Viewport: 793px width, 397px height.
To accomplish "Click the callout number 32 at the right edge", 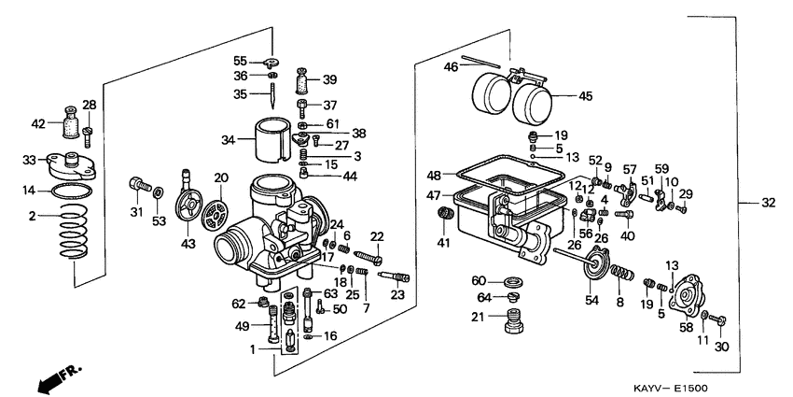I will coord(768,202).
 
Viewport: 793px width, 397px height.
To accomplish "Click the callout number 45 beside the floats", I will coord(586,95).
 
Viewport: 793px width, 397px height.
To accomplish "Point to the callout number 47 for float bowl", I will coord(434,195).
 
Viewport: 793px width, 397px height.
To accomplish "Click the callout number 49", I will coord(242,326).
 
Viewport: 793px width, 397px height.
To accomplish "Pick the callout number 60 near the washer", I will coord(479,280).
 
